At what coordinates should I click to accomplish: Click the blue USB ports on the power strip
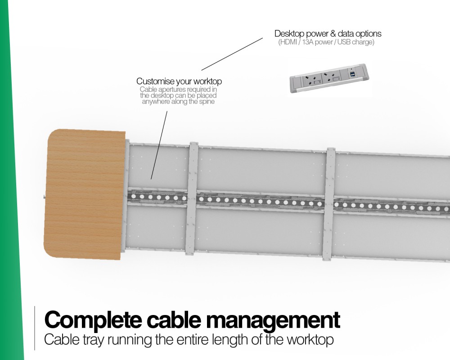point(351,75)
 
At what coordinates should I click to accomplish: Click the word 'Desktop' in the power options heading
point(289,34)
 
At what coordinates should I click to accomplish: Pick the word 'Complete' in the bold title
point(93,320)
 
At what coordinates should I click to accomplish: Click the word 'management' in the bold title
point(273,320)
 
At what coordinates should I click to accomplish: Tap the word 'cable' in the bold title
point(174,319)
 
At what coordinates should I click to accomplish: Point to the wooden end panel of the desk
point(85,194)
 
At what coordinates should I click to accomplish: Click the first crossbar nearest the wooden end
point(192,198)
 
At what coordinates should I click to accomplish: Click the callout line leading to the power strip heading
point(232,54)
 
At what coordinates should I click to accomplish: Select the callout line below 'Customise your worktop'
point(159,145)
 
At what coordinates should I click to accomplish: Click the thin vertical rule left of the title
point(35,328)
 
